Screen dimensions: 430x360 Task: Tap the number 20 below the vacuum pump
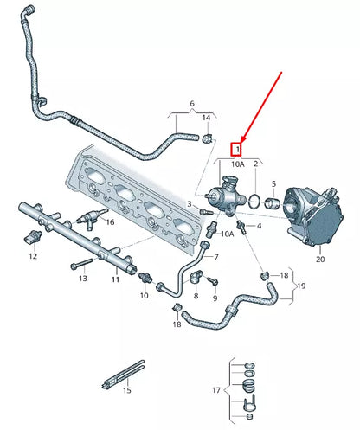coord(320,258)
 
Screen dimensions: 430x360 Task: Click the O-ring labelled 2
coord(254,202)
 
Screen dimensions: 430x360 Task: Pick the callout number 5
coord(274,185)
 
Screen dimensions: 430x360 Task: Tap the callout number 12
coord(33,257)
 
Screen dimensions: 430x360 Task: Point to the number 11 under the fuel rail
coord(115,279)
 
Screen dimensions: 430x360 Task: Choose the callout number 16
coord(108,222)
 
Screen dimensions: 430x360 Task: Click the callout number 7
coord(216,257)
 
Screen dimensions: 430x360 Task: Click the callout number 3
coord(190,203)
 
